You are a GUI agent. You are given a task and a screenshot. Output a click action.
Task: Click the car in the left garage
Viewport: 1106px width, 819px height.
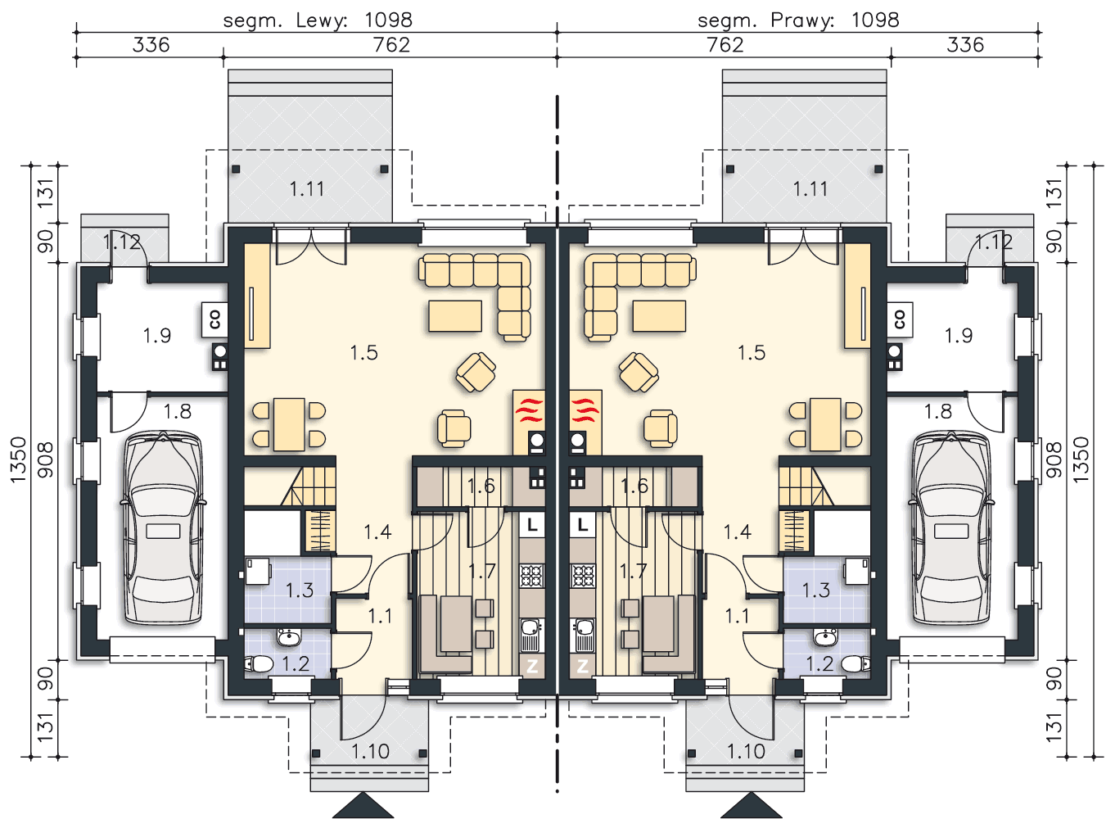click(x=163, y=528)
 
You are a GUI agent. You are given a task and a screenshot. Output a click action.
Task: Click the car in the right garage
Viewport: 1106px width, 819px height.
click(x=951, y=528)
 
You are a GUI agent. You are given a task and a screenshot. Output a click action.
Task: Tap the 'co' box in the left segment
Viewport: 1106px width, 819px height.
click(x=215, y=319)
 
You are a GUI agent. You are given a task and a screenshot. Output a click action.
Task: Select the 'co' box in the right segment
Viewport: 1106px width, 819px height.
click(x=900, y=319)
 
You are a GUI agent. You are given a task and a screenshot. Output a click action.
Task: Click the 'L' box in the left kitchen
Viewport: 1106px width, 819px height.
click(x=532, y=524)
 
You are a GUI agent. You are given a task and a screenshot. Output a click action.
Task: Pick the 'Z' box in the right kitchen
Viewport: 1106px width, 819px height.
click(x=582, y=666)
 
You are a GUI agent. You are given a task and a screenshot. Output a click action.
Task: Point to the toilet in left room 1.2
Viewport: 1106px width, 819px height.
click(x=259, y=664)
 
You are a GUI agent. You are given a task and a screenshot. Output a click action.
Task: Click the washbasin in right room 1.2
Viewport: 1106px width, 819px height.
click(x=826, y=637)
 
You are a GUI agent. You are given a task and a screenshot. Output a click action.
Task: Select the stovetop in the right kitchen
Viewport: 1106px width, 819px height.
click(x=582, y=576)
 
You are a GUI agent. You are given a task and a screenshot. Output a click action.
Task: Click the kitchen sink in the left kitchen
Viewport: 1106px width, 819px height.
click(x=531, y=636)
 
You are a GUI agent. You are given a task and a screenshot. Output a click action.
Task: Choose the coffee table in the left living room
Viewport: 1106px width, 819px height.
click(x=455, y=316)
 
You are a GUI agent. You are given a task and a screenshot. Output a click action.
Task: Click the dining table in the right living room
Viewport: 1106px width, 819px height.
click(x=825, y=424)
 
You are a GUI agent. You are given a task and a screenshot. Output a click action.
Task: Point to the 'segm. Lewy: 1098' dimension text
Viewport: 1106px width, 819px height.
click(x=318, y=20)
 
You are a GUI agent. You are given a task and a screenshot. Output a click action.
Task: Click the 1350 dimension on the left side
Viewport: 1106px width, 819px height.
click(x=18, y=459)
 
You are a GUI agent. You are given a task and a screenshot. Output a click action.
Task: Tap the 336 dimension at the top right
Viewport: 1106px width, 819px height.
click(x=965, y=45)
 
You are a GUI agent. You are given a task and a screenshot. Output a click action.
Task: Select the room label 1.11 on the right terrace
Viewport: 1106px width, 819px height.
click(x=810, y=189)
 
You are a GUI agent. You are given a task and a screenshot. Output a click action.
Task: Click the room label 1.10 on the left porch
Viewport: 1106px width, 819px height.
click(x=370, y=751)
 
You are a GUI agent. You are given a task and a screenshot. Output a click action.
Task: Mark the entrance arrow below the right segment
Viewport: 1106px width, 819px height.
click(x=751, y=805)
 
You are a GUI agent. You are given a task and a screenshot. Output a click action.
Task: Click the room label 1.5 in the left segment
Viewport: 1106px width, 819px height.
click(x=363, y=353)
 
